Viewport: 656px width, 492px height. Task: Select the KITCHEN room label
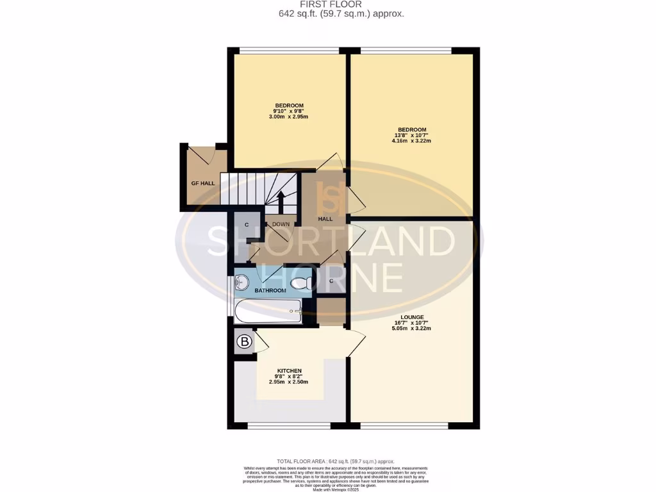tap(288, 371)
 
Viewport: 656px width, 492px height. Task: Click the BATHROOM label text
tap(270, 291)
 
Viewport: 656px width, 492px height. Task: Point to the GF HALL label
tap(202, 183)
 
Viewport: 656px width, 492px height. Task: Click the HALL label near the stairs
tap(325, 219)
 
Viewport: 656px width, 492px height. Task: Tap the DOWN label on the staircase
tap(281, 224)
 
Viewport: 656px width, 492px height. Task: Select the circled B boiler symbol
tap(243, 343)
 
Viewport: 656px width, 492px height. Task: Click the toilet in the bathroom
tap(300, 283)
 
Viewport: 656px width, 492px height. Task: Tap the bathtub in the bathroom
tap(268, 312)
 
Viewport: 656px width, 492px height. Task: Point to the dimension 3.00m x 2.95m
tap(289, 117)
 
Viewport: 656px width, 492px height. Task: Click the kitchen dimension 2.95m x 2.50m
tap(288, 382)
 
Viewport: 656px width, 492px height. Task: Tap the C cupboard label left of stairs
tap(247, 225)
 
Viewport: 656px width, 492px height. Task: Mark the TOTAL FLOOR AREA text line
tap(335, 461)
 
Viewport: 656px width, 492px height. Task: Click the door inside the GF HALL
tap(204, 155)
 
